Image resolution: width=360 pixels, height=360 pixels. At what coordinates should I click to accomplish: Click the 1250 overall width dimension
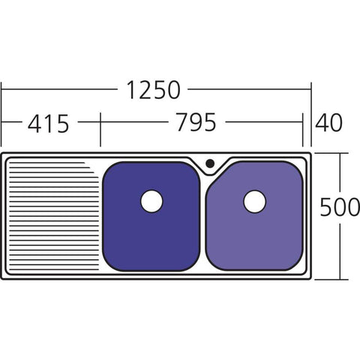click(154, 90)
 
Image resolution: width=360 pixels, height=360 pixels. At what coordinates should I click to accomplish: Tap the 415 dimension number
click(48, 124)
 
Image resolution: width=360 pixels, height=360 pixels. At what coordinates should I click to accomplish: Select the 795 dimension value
click(196, 122)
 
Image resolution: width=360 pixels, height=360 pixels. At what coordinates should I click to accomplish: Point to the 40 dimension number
click(328, 122)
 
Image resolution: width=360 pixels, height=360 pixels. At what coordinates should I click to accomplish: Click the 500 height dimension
click(340, 207)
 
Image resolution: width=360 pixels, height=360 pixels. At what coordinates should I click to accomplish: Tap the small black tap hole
click(210, 163)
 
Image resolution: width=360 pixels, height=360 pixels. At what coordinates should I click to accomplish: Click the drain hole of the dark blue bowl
click(151, 201)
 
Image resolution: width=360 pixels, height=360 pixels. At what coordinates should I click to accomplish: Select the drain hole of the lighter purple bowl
click(254, 202)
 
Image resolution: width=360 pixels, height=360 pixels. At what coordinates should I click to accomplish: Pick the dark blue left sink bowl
click(151, 217)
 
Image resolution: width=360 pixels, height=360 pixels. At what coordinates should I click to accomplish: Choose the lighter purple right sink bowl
click(254, 217)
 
